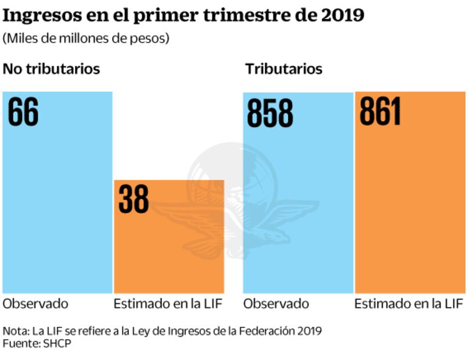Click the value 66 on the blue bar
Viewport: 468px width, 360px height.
23,112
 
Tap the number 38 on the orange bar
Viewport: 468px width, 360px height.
134,199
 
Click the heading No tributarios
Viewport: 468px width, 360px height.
52,69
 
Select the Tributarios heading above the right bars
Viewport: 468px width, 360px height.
283,69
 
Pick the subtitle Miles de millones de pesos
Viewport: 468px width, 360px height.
86,38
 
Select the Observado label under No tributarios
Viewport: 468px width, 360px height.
35,304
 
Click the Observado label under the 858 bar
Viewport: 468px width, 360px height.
276,304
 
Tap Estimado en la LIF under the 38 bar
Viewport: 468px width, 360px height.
168,304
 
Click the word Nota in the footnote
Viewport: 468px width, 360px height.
15,331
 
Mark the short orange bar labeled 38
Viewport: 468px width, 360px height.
168,244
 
